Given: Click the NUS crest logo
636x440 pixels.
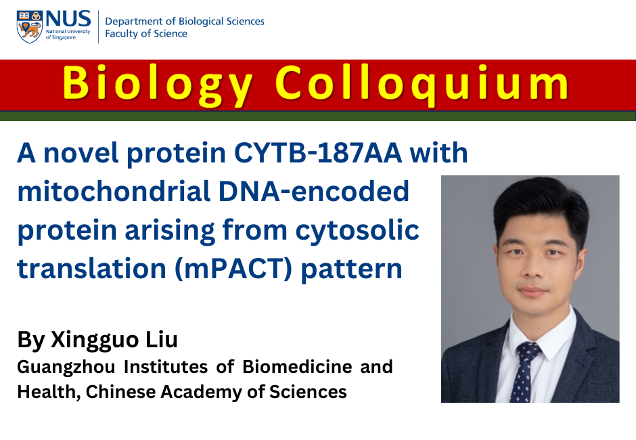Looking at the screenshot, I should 30,26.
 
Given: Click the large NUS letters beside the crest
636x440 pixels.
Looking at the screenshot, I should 67,18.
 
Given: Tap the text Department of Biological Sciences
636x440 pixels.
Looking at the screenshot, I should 184,21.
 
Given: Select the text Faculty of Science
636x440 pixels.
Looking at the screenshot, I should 145,34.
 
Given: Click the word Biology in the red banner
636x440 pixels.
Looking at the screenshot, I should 157,84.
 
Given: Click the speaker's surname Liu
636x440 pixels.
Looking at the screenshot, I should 163,340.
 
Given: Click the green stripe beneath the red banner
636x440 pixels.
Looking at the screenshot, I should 318,116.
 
